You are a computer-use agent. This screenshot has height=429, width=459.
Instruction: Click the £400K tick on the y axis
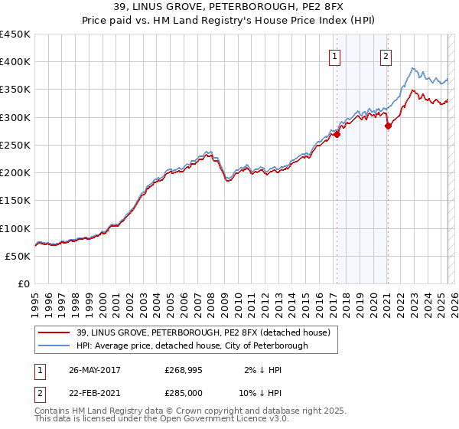tap(15, 62)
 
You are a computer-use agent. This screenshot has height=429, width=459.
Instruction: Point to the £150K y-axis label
tap(15, 201)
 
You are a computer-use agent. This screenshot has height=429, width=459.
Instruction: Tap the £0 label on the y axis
tap(24, 284)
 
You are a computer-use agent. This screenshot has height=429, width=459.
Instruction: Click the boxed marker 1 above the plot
tap(335, 56)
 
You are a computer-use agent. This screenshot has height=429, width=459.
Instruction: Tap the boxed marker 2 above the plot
tap(386, 56)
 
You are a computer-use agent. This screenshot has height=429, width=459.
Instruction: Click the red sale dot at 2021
tap(388, 126)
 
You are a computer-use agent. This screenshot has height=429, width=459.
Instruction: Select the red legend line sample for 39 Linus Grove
tap(55, 332)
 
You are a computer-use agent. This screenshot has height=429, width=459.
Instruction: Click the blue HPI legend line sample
tap(55, 345)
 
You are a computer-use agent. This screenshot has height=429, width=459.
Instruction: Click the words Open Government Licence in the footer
tap(200, 420)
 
